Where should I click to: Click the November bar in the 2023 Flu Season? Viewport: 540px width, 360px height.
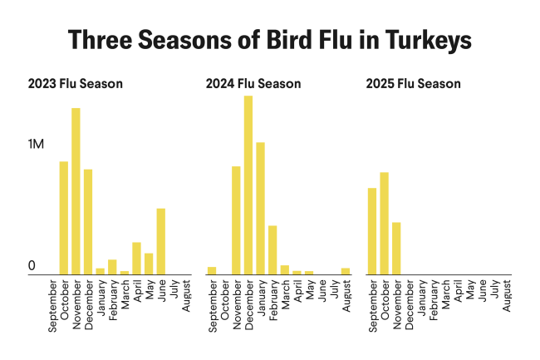tap(76, 190)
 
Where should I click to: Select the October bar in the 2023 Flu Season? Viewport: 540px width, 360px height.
tap(63, 217)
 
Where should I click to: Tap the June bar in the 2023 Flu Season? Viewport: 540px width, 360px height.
tap(161, 240)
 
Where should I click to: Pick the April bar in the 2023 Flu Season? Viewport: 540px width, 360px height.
tap(136, 258)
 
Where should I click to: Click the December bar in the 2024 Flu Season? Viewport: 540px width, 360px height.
tap(248, 185)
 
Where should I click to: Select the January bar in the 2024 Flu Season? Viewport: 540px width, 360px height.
tap(260, 208)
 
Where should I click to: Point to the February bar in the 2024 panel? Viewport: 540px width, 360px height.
tap(272, 249)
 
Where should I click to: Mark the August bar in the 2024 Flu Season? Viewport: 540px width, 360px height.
tap(346, 271)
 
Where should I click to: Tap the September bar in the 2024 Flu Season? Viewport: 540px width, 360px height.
tap(212, 270)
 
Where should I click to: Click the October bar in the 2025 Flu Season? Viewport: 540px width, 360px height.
tap(384, 223)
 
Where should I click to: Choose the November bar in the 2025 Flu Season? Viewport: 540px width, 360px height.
tap(396, 248)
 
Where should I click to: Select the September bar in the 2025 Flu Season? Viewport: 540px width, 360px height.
tap(372, 231)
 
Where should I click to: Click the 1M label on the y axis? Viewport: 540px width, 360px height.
tap(37, 145)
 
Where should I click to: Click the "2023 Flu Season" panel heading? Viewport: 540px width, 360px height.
tap(75, 84)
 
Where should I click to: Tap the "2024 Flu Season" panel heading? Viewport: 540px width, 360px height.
tap(253, 84)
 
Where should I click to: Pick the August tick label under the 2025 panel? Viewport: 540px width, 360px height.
tap(507, 296)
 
